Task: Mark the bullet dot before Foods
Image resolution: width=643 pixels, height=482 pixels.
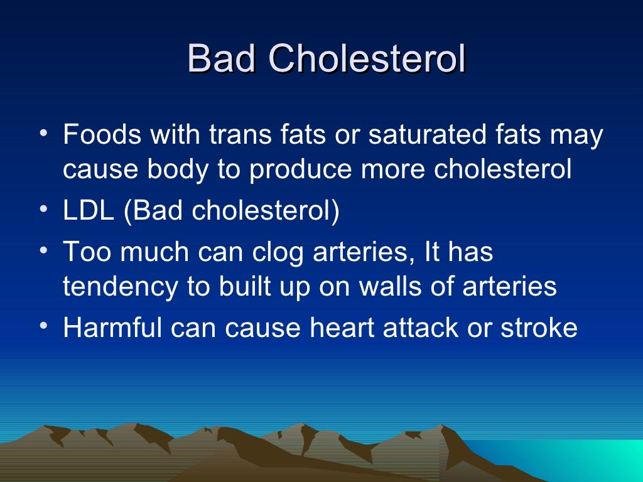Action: click(41, 134)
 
